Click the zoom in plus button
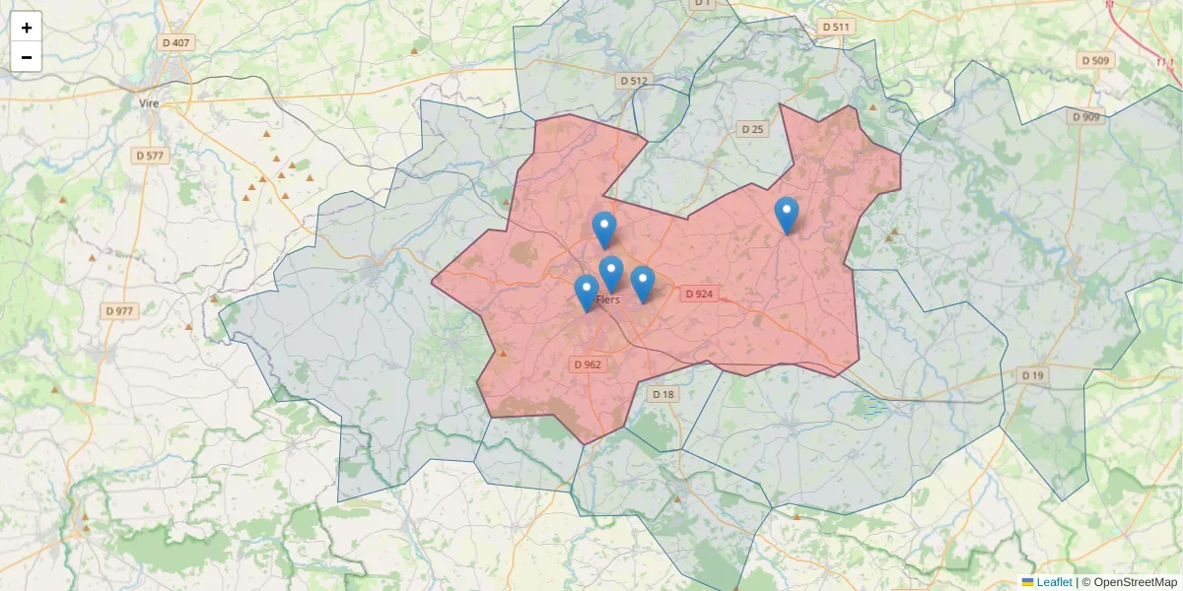coord(27,28)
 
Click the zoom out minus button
coord(27,57)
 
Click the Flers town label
coord(608,298)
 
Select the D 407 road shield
coord(174,43)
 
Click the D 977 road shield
coord(119,311)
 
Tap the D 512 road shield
coord(635,81)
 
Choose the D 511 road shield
coord(836,28)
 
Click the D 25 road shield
coord(752,129)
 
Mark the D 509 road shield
coord(1095,61)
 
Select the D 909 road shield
coord(1085,117)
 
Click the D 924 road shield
coord(698,295)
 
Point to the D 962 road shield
coord(587,364)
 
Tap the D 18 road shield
coord(663,395)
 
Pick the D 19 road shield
coord(1032,375)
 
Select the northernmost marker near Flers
coord(604,230)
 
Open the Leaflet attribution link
coord(1053,582)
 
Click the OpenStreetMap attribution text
coord(1135,582)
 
